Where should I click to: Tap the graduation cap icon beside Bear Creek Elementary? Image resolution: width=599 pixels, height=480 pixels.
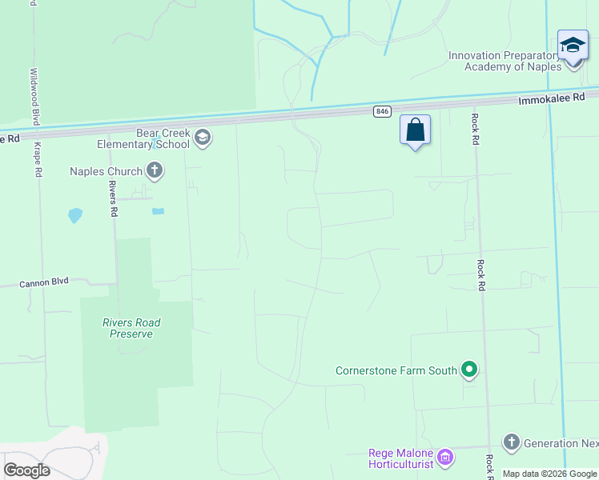(203, 138)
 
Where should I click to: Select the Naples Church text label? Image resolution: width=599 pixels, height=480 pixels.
(106, 170)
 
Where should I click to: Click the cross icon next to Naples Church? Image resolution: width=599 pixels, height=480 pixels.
(155, 170)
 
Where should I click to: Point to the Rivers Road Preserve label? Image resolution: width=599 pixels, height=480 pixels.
(131, 328)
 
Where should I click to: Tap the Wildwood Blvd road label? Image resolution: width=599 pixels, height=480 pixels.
(34, 95)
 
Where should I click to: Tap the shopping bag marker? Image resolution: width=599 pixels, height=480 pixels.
(416, 130)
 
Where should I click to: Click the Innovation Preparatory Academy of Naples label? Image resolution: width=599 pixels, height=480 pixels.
(505, 61)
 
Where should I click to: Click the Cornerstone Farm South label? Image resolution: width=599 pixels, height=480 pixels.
(396, 370)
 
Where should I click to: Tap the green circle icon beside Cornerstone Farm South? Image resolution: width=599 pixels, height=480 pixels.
(470, 370)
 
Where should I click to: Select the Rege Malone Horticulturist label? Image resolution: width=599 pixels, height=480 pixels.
(400, 458)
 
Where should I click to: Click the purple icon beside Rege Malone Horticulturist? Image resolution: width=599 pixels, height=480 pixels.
(446, 458)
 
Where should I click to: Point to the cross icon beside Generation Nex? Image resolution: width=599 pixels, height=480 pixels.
(512, 442)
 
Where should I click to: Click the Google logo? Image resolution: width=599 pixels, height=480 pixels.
(26, 470)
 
